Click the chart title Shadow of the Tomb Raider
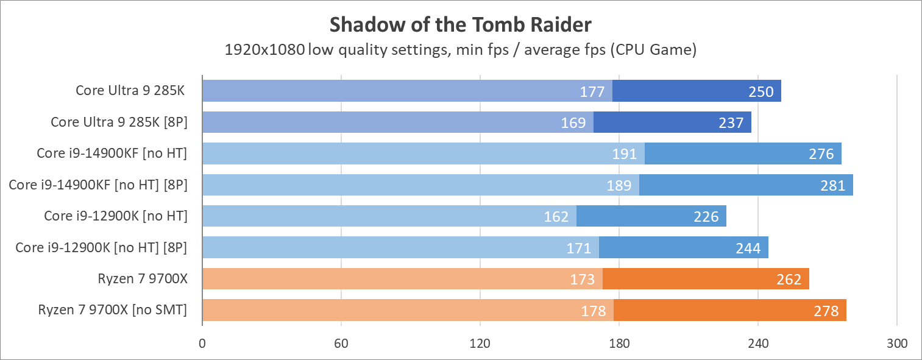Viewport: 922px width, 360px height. click(x=461, y=24)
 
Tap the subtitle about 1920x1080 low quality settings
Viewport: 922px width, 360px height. click(x=461, y=50)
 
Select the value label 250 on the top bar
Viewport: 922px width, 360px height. click(x=761, y=92)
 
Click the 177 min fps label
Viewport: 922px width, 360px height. click(x=592, y=92)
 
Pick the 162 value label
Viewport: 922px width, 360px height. click(x=556, y=217)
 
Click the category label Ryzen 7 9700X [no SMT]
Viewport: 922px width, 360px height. click(x=112, y=310)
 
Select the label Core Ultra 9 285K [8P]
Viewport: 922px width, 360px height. click(x=118, y=122)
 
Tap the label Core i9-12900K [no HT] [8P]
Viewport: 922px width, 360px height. click(x=101, y=248)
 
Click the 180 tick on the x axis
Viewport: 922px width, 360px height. click(x=619, y=344)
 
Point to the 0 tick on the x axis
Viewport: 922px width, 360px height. click(x=202, y=344)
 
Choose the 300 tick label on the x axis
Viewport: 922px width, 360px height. click(x=897, y=344)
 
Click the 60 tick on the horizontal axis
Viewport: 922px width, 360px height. click(x=341, y=344)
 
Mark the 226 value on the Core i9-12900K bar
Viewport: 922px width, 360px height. click(x=706, y=217)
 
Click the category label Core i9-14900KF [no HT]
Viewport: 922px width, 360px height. click(x=112, y=154)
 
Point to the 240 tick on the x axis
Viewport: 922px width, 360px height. click(x=758, y=344)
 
